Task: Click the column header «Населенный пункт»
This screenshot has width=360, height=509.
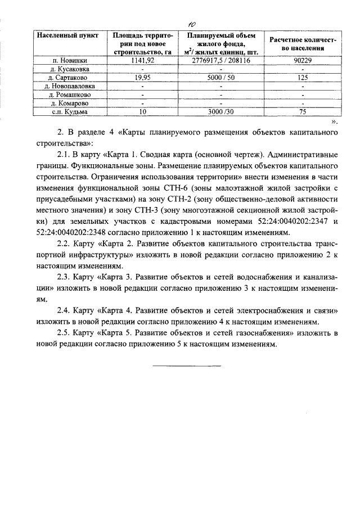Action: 67,35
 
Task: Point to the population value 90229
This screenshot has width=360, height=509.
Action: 303,60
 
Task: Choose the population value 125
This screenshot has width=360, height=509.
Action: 303,78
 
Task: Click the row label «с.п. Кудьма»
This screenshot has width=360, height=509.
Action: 67,112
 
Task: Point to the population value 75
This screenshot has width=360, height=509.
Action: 303,112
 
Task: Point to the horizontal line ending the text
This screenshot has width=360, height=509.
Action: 187,366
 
